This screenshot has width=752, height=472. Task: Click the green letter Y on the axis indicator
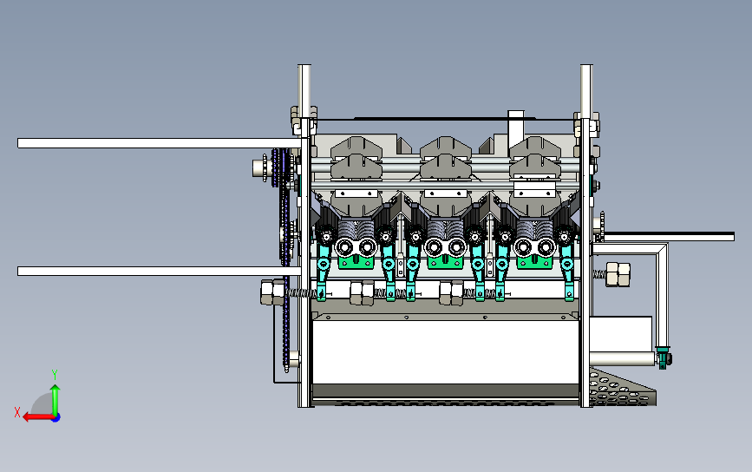click(55, 375)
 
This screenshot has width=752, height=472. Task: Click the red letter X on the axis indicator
click(17, 412)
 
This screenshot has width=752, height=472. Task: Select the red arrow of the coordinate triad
click(38, 416)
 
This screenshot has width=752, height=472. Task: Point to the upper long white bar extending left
click(160, 143)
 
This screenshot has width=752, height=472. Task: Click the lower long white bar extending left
click(160, 271)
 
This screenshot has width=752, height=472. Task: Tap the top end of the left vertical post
click(304, 66)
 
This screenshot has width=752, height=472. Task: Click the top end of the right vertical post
click(586, 66)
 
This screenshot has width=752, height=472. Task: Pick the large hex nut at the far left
click(273, 292)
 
